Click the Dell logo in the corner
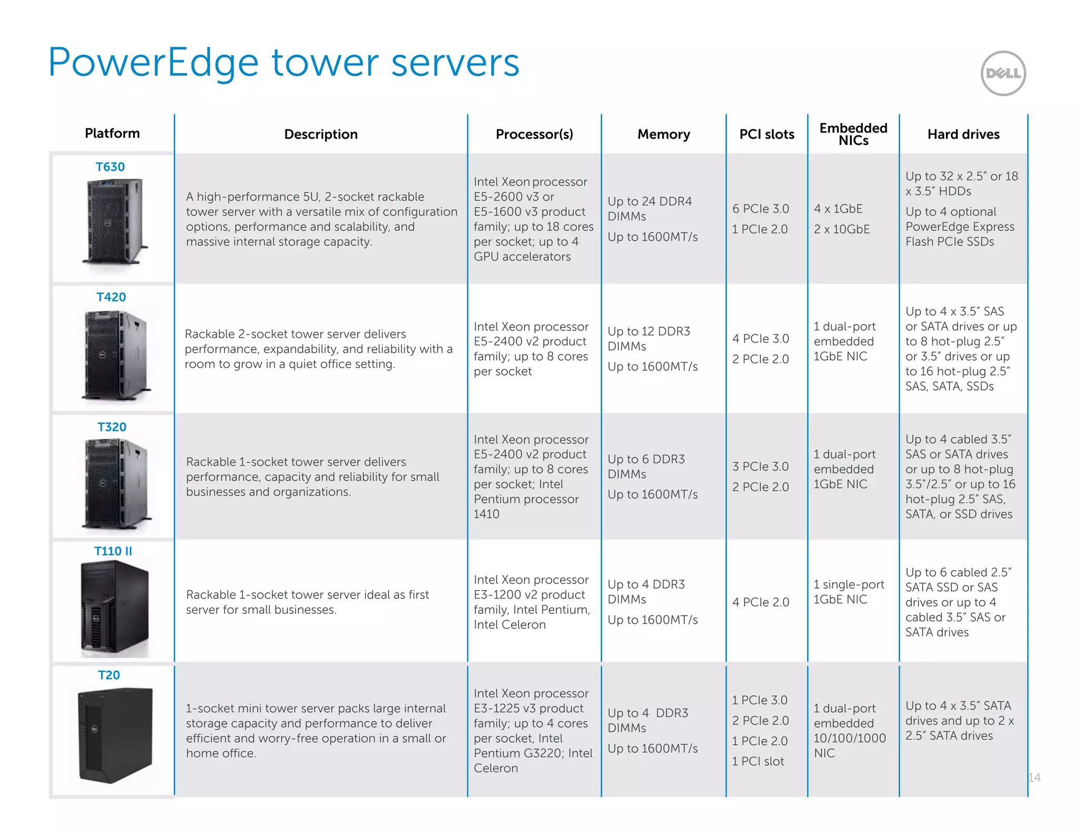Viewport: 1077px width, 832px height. click(x=1003, y=73)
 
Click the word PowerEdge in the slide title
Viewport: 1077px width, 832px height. click(x=153, y=63)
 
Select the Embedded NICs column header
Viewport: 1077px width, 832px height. click(x=853, y=134)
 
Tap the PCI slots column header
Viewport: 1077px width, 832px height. click(x=766, y=134)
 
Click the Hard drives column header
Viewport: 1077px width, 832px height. click(x=963, y=134)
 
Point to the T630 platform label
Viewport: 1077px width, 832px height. click(x=110, y=167)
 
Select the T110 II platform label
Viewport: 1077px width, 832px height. click(x=113, y=551)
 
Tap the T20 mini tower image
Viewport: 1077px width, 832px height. click(x=115, y=735)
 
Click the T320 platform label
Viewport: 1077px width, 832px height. click(x=111, y=427)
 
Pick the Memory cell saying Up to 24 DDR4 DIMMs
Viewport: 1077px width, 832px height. click(x=649, y=209)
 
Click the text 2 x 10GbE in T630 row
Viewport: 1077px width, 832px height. click(x=841, y=229)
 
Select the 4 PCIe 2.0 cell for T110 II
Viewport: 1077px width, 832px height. click(x=760, y=602)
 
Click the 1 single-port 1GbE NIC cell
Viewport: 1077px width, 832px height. click(x=848, y=592)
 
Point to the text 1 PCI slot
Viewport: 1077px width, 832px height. click(x=758, y=761)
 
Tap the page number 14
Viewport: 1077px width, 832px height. click(x=1034, y=777)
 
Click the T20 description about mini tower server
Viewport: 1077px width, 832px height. click(x=316, y=730)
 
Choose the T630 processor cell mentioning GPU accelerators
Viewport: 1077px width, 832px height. click(x=533, y=219)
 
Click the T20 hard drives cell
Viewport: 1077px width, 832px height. click(x=959, y=720)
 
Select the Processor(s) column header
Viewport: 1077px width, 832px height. click(x=534, y=134)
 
